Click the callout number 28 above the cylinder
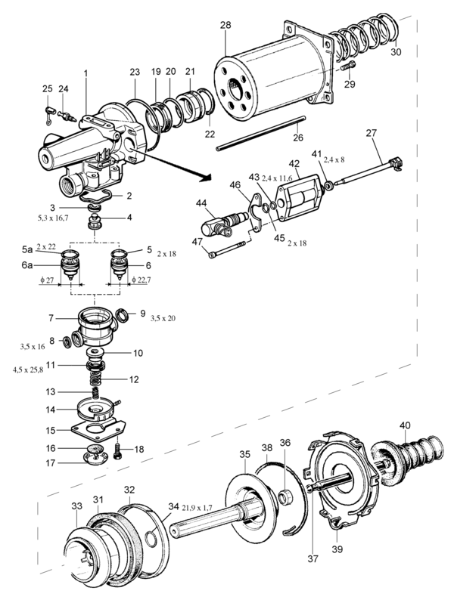(225, 26)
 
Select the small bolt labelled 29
(348, 66)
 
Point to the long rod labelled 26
(260, 133)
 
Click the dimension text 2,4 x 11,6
(277, 178)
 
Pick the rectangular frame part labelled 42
(300, 198)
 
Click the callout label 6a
(27, 265)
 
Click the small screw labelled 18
(119, 451)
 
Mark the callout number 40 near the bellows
(405, 425)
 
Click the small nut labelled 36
(285, 497)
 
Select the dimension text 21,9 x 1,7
(197, 508)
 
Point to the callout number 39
(337, 549)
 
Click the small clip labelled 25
(48, 115)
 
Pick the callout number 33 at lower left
(76, 506)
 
